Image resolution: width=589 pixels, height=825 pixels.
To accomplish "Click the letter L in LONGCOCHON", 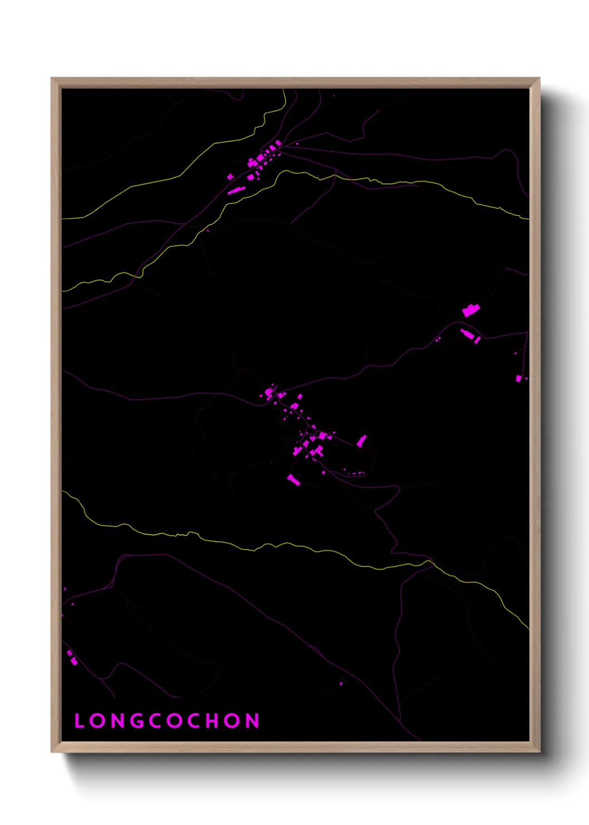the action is click(78, 721).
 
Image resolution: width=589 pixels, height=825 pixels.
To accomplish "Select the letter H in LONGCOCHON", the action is click(213, 721).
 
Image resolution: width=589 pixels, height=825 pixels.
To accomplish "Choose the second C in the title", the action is click(193, 721).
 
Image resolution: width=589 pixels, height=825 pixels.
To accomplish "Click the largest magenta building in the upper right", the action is click(471, 310).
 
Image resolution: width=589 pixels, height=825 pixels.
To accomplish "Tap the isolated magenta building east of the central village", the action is click(362, 441).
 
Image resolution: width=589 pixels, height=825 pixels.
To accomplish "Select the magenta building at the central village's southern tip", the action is click(293, 480).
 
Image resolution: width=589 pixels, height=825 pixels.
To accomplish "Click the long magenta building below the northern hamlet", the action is click(236, 191).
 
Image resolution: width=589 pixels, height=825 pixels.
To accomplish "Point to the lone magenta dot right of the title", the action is click(341, 683).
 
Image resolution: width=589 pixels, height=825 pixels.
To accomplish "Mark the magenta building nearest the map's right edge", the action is click(519, 378).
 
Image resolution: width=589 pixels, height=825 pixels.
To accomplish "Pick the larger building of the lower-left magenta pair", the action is click(74, 662).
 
